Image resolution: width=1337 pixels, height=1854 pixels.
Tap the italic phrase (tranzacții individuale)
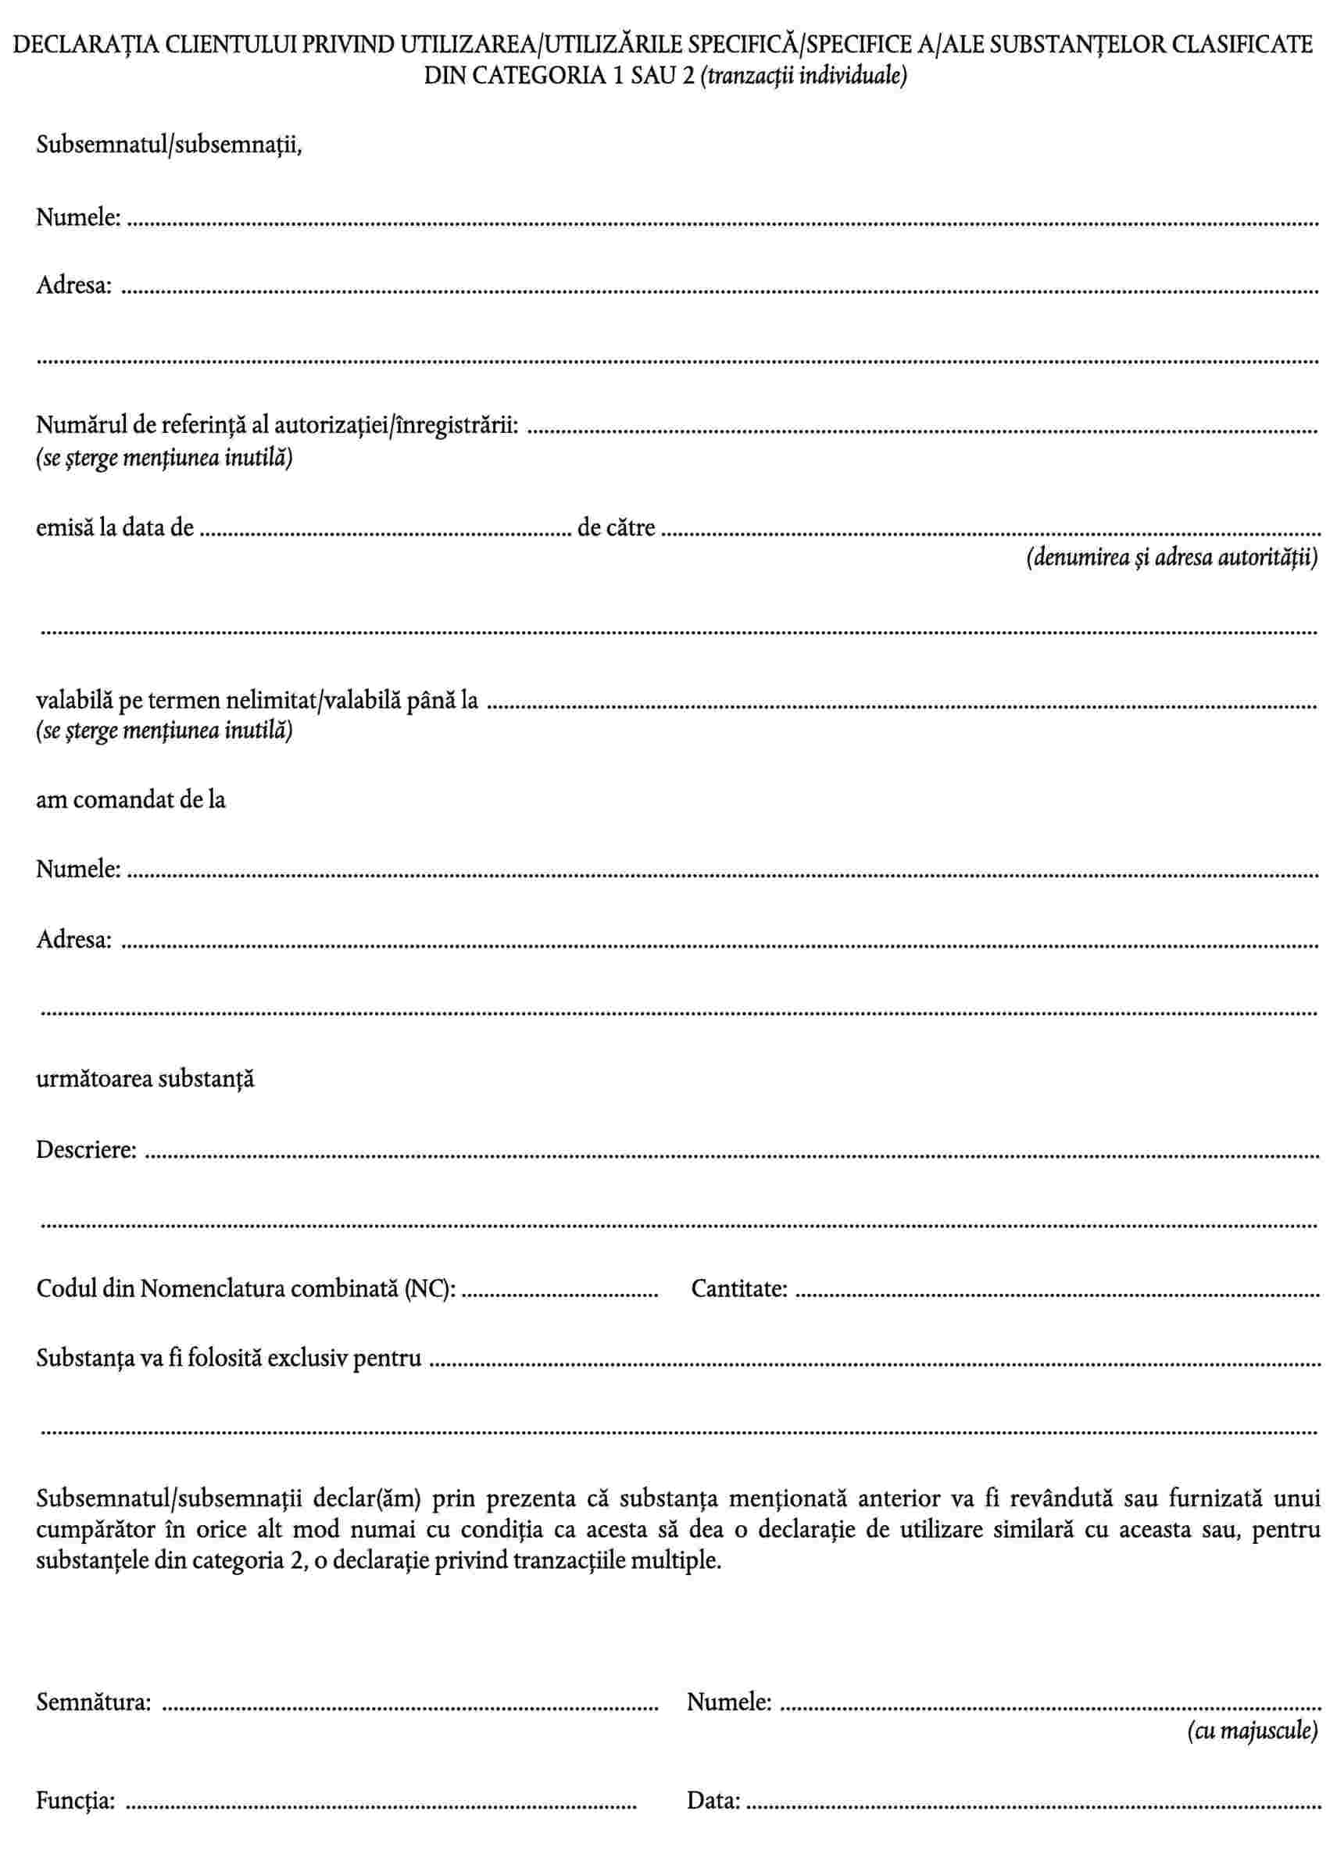[804, 76]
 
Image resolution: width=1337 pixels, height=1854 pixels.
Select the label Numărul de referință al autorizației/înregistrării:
[277, 426]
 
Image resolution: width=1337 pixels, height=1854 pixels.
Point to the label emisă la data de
[115, 528]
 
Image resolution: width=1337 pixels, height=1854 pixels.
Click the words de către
[616, 528]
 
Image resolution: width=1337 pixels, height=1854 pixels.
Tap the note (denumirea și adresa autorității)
[1171, 558]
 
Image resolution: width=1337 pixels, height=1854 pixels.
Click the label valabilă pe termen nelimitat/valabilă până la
[257, 701]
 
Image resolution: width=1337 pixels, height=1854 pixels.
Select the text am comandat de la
[130, 799]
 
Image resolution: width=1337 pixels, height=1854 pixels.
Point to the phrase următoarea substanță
[145, 1079]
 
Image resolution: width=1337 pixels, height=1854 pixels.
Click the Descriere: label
[87, 1150]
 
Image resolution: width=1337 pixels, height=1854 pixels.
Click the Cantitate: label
[739, 1289]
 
